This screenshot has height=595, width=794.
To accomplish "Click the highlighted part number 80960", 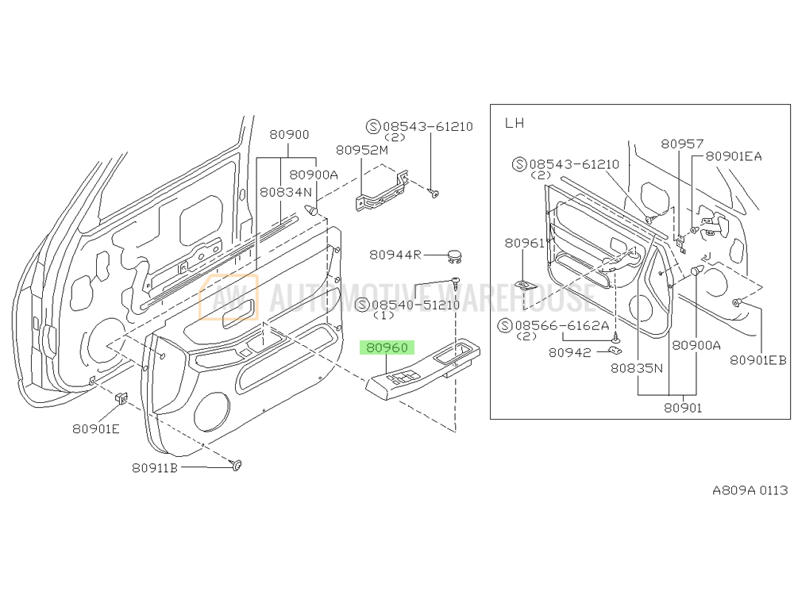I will [386, 347].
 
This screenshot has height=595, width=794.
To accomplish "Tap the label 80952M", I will [361, 149].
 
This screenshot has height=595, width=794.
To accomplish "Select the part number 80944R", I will [395, 255].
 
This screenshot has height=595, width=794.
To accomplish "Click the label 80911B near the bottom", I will [155, 468].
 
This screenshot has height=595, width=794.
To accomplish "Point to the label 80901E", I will [96, 428].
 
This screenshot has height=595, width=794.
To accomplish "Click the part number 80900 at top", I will [289, 135].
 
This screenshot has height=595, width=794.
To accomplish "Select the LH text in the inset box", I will [515, 123].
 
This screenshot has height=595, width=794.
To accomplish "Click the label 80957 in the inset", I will [682, 144].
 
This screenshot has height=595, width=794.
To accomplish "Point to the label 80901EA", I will [733, 156].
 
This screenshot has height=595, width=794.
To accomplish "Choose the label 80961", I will [524, 243].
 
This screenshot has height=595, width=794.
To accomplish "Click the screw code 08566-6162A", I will [562, 325].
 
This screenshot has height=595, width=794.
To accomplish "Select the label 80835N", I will [637, 368].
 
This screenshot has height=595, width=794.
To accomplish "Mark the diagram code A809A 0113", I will [749, 490].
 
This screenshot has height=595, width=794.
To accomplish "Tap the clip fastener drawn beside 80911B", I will [237, 465].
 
